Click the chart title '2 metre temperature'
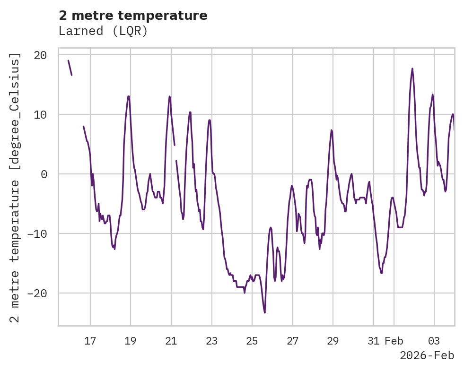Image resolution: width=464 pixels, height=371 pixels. pos(133,16)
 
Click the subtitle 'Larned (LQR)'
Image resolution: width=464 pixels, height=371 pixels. pos(103,31)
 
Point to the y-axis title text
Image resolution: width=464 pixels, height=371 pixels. pos(16,187)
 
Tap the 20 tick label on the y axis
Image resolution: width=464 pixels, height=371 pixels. pos(40,55)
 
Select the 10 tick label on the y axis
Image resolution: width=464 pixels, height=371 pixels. pos(40,114)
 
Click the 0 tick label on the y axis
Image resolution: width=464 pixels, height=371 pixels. pos(44,174)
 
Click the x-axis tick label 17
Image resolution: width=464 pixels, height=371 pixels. pos(90,341)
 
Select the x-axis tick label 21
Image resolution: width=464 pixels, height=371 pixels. pos(171,341)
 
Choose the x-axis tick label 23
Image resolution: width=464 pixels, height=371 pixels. pos(211,341)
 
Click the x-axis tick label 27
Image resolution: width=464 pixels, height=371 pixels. pos(292,341)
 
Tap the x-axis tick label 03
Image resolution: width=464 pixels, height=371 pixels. pos(434,341)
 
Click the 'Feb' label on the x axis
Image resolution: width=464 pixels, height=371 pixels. pos(394,341)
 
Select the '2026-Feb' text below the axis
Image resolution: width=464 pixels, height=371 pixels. pos(427,355)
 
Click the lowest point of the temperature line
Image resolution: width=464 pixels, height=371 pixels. pos(265,312)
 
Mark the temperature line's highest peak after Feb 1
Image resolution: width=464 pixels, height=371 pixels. pos(412,69)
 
